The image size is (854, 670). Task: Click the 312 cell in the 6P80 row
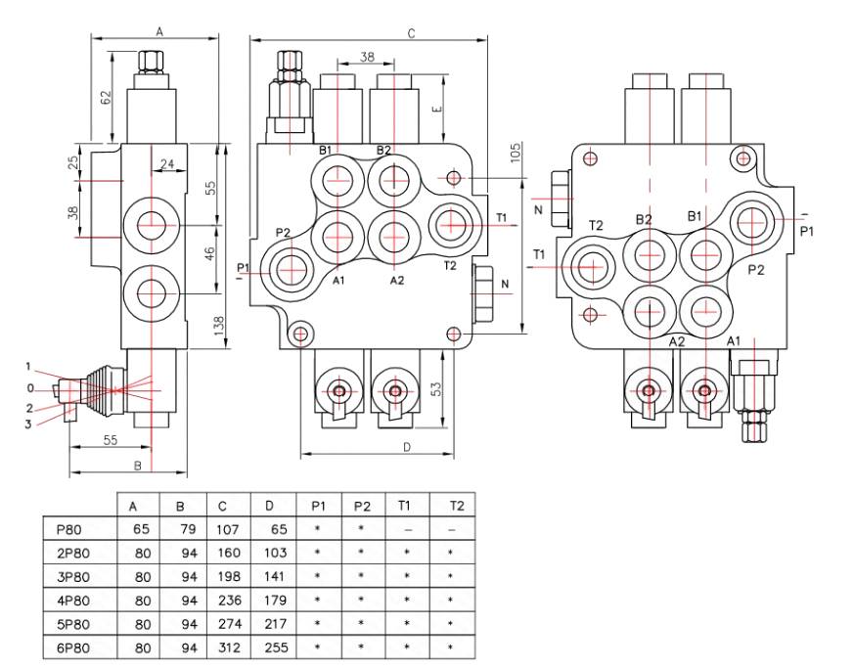point(223,648)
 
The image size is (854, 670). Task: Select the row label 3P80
point(73,576)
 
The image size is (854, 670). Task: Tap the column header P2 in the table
point(362,506)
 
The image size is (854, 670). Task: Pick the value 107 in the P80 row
point(223,529)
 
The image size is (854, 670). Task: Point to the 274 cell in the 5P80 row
point(223,624)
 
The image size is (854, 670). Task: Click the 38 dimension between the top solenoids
point(366,58)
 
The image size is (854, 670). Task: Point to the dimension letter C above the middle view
point(412,33)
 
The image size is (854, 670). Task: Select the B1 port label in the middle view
point(326,150)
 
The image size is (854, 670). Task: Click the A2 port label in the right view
point(677,341)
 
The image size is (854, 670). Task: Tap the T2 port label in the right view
point(596,225)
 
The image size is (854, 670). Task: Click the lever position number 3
point(28,424)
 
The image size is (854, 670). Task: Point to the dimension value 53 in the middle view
point(435,388)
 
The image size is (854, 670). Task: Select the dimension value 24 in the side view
point(167,164)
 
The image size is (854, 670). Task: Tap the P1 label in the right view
point(807,231)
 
